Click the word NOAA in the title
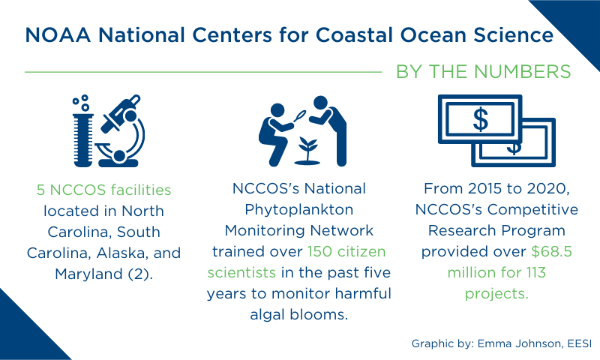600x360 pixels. [58, 34]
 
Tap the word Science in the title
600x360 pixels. [514, 34]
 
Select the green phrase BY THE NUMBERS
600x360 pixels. [483, 71]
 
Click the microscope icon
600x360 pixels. [121, 130]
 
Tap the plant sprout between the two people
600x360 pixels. [307, 151]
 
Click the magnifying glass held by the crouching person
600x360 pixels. [299, 115]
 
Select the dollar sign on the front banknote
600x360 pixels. [481, 119]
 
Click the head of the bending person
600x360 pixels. [320, 103]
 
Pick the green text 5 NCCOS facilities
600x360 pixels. [103, 190]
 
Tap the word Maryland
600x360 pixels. [88, 274]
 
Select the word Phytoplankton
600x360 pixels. [298, 210]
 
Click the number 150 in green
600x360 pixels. [319, 251]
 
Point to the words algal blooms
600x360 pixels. [298, 314]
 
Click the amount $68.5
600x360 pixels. [551, 251]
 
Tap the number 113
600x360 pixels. [535, 272]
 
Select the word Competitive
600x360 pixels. [532, 210]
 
